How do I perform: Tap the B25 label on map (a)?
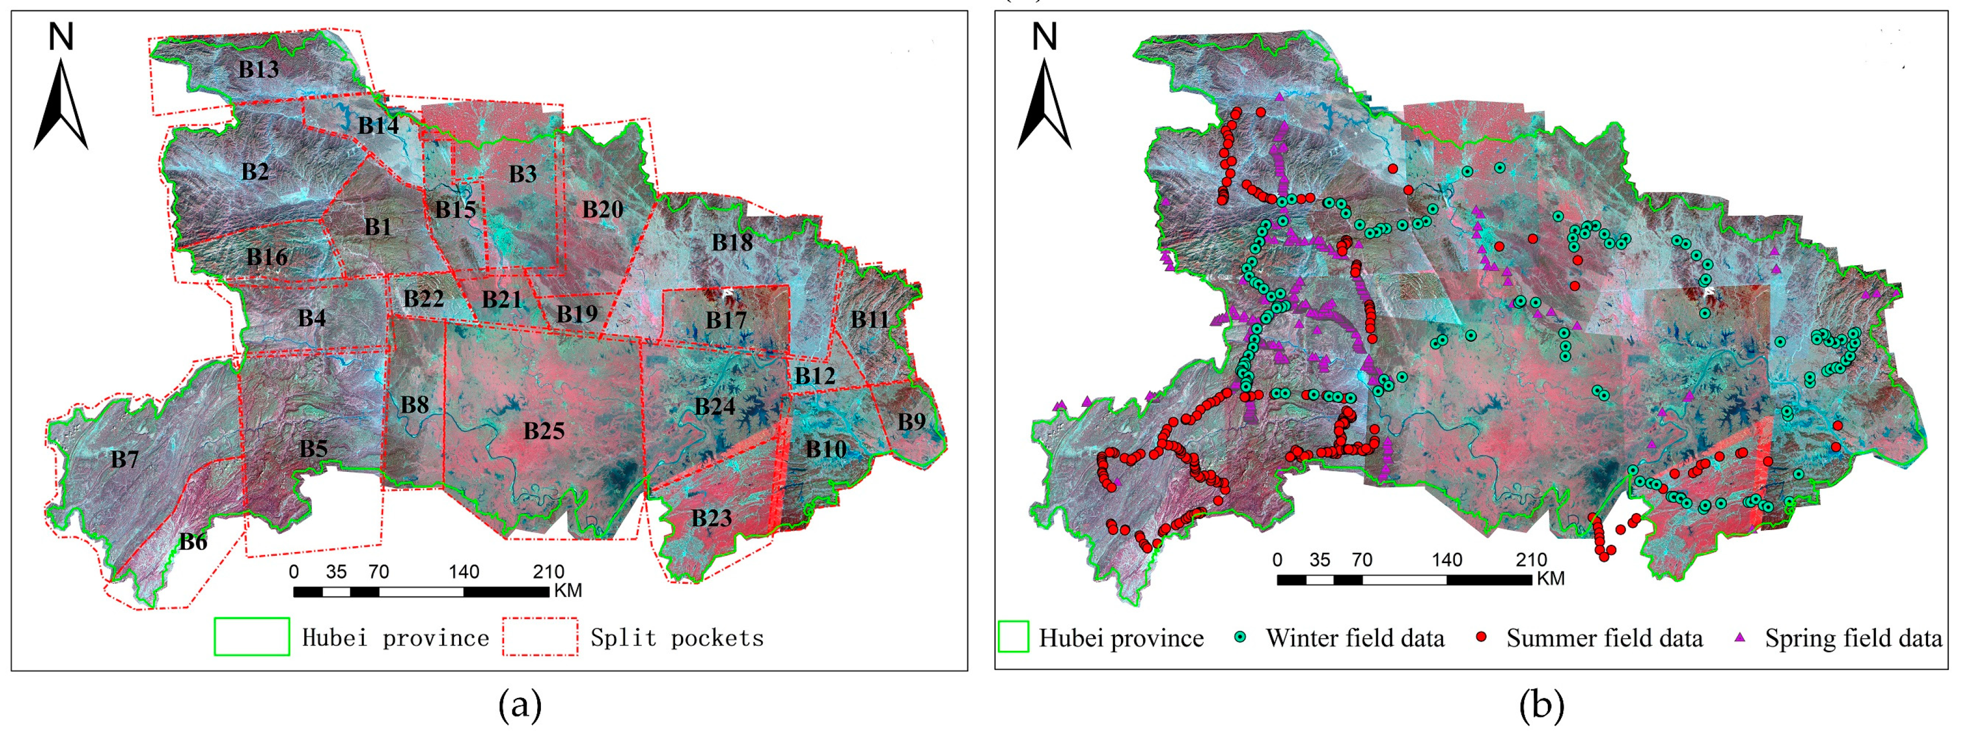point(544,432)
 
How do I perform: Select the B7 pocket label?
point(124,460)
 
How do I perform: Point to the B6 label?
point(193,542)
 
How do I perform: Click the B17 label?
point(725,321)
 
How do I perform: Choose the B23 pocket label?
point(712,518)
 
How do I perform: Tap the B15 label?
point(455,209)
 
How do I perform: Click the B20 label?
point(602,209)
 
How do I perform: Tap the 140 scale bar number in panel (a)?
point(463,572)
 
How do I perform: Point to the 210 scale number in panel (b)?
point(1531,561)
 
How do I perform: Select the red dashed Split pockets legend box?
point(539,637)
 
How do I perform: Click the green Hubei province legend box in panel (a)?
point(251,637)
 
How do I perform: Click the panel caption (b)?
point(1541,706)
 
